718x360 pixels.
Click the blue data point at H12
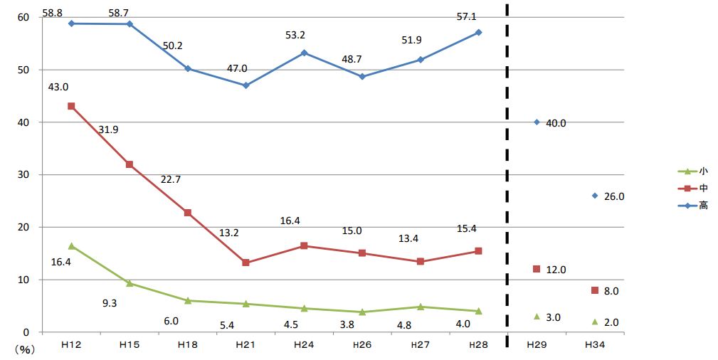coord(71,23)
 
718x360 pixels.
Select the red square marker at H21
coord(246,263)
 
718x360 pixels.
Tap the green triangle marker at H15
coord(130,283)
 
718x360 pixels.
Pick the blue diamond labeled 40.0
coord(537,122)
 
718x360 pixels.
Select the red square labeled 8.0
coord(595,290)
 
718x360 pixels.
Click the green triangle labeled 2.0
coord(595,322)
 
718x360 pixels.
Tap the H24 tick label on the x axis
coord(304,345)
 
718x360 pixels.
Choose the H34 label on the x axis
coord(594,345)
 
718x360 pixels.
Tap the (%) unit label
coord(24,349)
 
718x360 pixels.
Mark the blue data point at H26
coord(362,76)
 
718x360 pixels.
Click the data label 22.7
coord(171,179)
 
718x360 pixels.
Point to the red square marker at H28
coord(478,251)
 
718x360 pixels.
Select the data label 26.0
coord(613,196)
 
